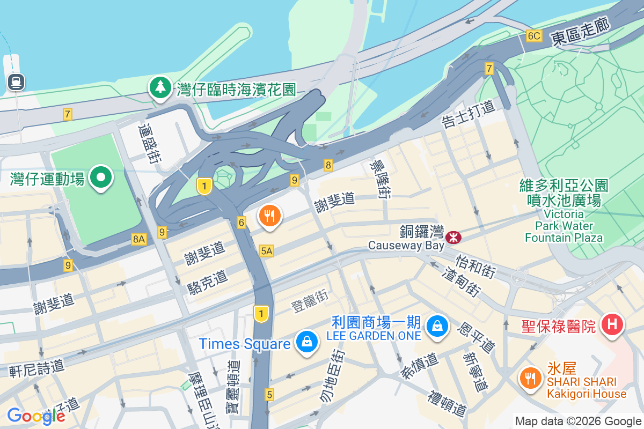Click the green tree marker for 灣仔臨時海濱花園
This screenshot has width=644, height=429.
click(160, 87)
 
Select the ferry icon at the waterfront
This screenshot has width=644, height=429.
click(16, 82)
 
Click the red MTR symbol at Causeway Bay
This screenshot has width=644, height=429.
click(453, 235)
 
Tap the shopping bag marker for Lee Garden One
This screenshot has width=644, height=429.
click(437, 326)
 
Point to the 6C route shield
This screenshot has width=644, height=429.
click(534, 36)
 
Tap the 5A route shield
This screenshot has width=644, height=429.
click(267, 250)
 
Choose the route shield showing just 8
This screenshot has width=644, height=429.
click(328, 165)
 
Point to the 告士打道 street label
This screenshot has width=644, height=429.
click(468, 114)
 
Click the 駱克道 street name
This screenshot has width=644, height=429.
click(207, 281)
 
